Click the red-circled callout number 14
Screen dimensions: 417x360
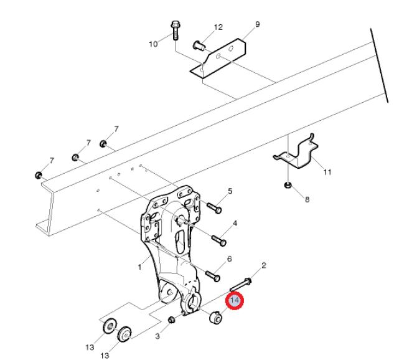pos(235,300)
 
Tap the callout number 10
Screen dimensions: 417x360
pos(153,44)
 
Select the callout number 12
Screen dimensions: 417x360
pos(218,27)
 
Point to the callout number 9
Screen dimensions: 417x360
pos(257,24)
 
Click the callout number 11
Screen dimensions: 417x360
pos(327,172)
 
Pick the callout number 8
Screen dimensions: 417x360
pos(307,199)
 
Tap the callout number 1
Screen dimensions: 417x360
pos(139,267)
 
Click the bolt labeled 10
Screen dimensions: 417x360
pos(175,31)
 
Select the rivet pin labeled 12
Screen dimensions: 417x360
pos(199,45)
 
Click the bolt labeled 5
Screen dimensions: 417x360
pos(214,208)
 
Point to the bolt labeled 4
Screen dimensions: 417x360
pos(219,240)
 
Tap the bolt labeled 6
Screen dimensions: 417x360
pos(213,276)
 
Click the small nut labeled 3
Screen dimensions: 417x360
pos(171,320)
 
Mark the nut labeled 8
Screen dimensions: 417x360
pos(287,185)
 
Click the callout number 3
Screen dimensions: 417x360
pos(157,336)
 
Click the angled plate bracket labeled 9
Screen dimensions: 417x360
pos(218,59)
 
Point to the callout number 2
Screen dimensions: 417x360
pos(263,265)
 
